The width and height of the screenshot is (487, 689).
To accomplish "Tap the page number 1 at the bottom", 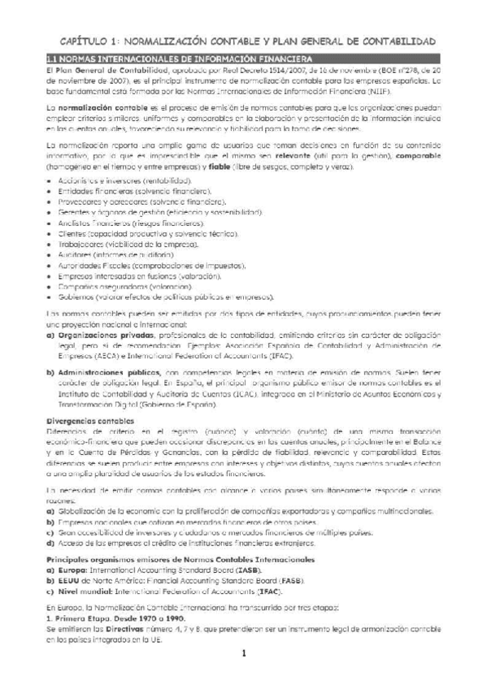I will point(242,654).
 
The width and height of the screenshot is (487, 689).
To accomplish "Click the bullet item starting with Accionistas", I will point(114,181).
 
